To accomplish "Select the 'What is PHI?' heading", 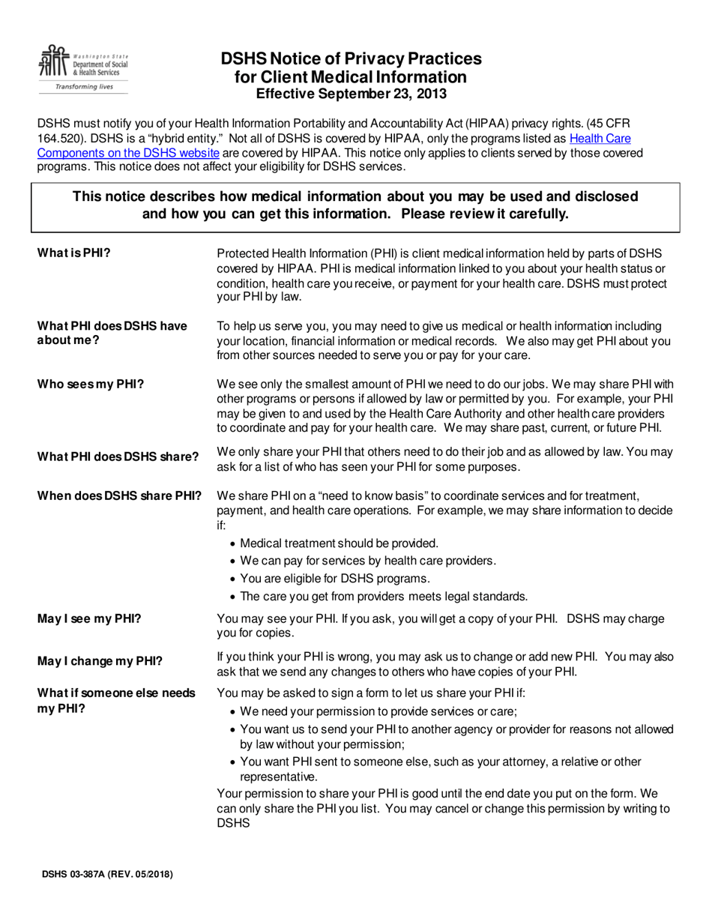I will [74, 253].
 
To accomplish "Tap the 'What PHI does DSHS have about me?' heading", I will [112, 333].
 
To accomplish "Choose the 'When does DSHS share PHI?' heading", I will [119, 495].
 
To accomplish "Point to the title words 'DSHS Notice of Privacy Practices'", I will [351, 59].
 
